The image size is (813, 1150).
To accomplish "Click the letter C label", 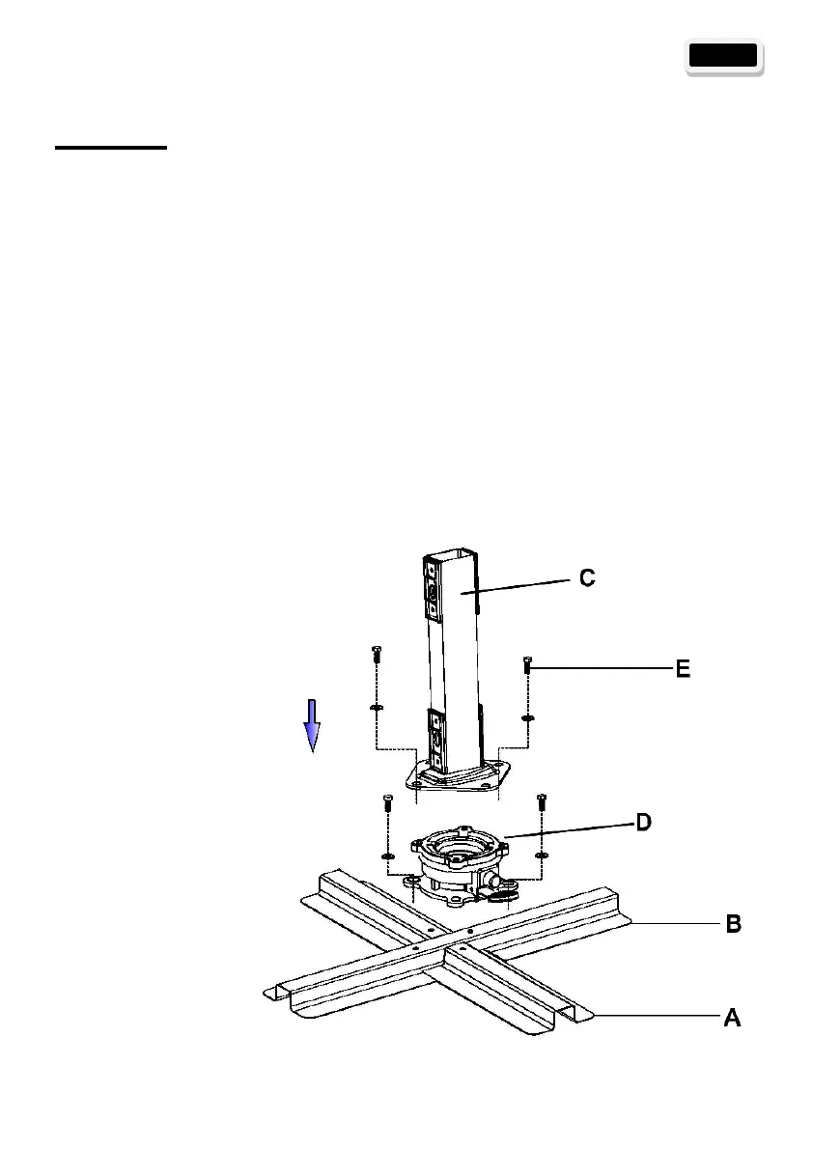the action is [587, 578].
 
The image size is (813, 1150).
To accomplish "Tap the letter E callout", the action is [682, 669].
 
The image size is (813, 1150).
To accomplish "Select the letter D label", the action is [642, 823].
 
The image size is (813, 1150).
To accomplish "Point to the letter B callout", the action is [733, 924].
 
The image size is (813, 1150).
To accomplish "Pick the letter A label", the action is [733, 1017].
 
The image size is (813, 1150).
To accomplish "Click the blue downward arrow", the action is [312, 725].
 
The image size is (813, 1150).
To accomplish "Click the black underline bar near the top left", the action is [111, 148].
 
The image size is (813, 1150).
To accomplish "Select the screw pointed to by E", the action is [527, 665].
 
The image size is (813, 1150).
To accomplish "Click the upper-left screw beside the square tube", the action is [375, 657].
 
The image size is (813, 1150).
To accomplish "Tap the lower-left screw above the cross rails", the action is [386, 804].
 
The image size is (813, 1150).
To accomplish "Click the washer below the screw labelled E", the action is [527, 717].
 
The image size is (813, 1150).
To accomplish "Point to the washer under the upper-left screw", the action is [375, 708].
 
